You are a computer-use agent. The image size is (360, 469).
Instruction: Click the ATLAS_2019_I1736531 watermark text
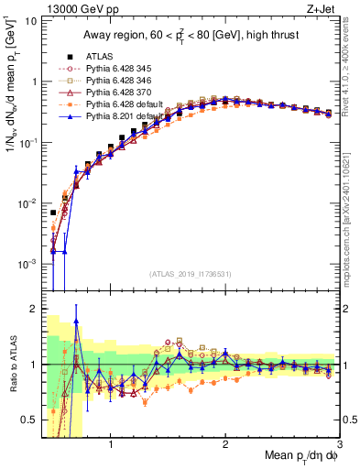[191, 274]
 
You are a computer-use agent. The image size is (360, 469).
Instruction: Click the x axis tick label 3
[338, 446]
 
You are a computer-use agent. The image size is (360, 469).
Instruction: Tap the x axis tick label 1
[111, 446]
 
